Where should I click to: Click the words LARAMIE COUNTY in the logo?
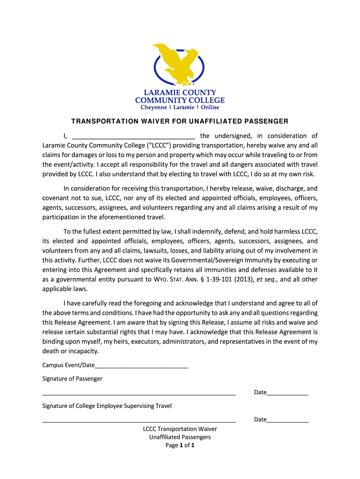(x=180, y=93)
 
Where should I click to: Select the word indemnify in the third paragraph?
(x=221, y=232)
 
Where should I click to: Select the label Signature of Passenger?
(x=72, y=378)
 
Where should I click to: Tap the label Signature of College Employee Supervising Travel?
(x=107, y=406)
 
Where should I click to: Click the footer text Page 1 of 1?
(x=180, y=445)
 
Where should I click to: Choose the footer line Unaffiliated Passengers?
(x=180, y=437)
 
